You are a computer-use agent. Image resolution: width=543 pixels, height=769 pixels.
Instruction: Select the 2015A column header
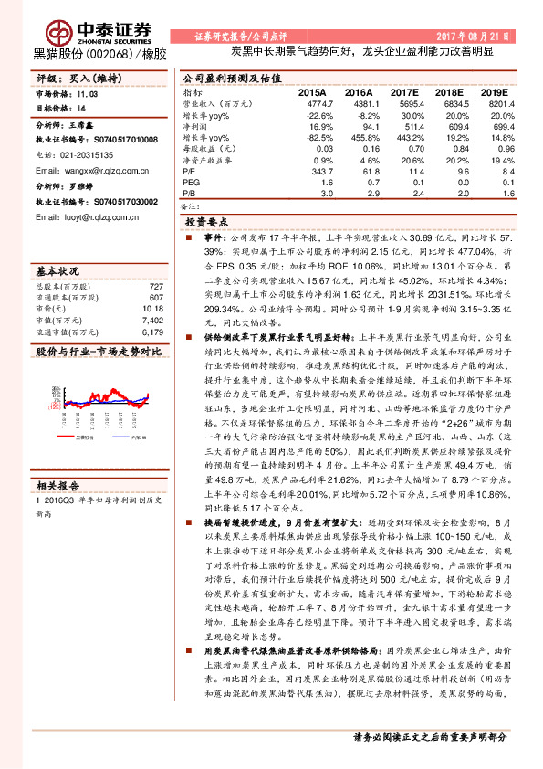[312, 92]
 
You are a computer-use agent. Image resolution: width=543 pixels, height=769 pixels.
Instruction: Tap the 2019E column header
[495, 92]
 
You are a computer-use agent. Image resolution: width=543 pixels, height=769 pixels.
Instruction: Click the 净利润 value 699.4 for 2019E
[496, 126]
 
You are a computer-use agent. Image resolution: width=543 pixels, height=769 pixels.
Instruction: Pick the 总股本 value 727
[156, 288]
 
